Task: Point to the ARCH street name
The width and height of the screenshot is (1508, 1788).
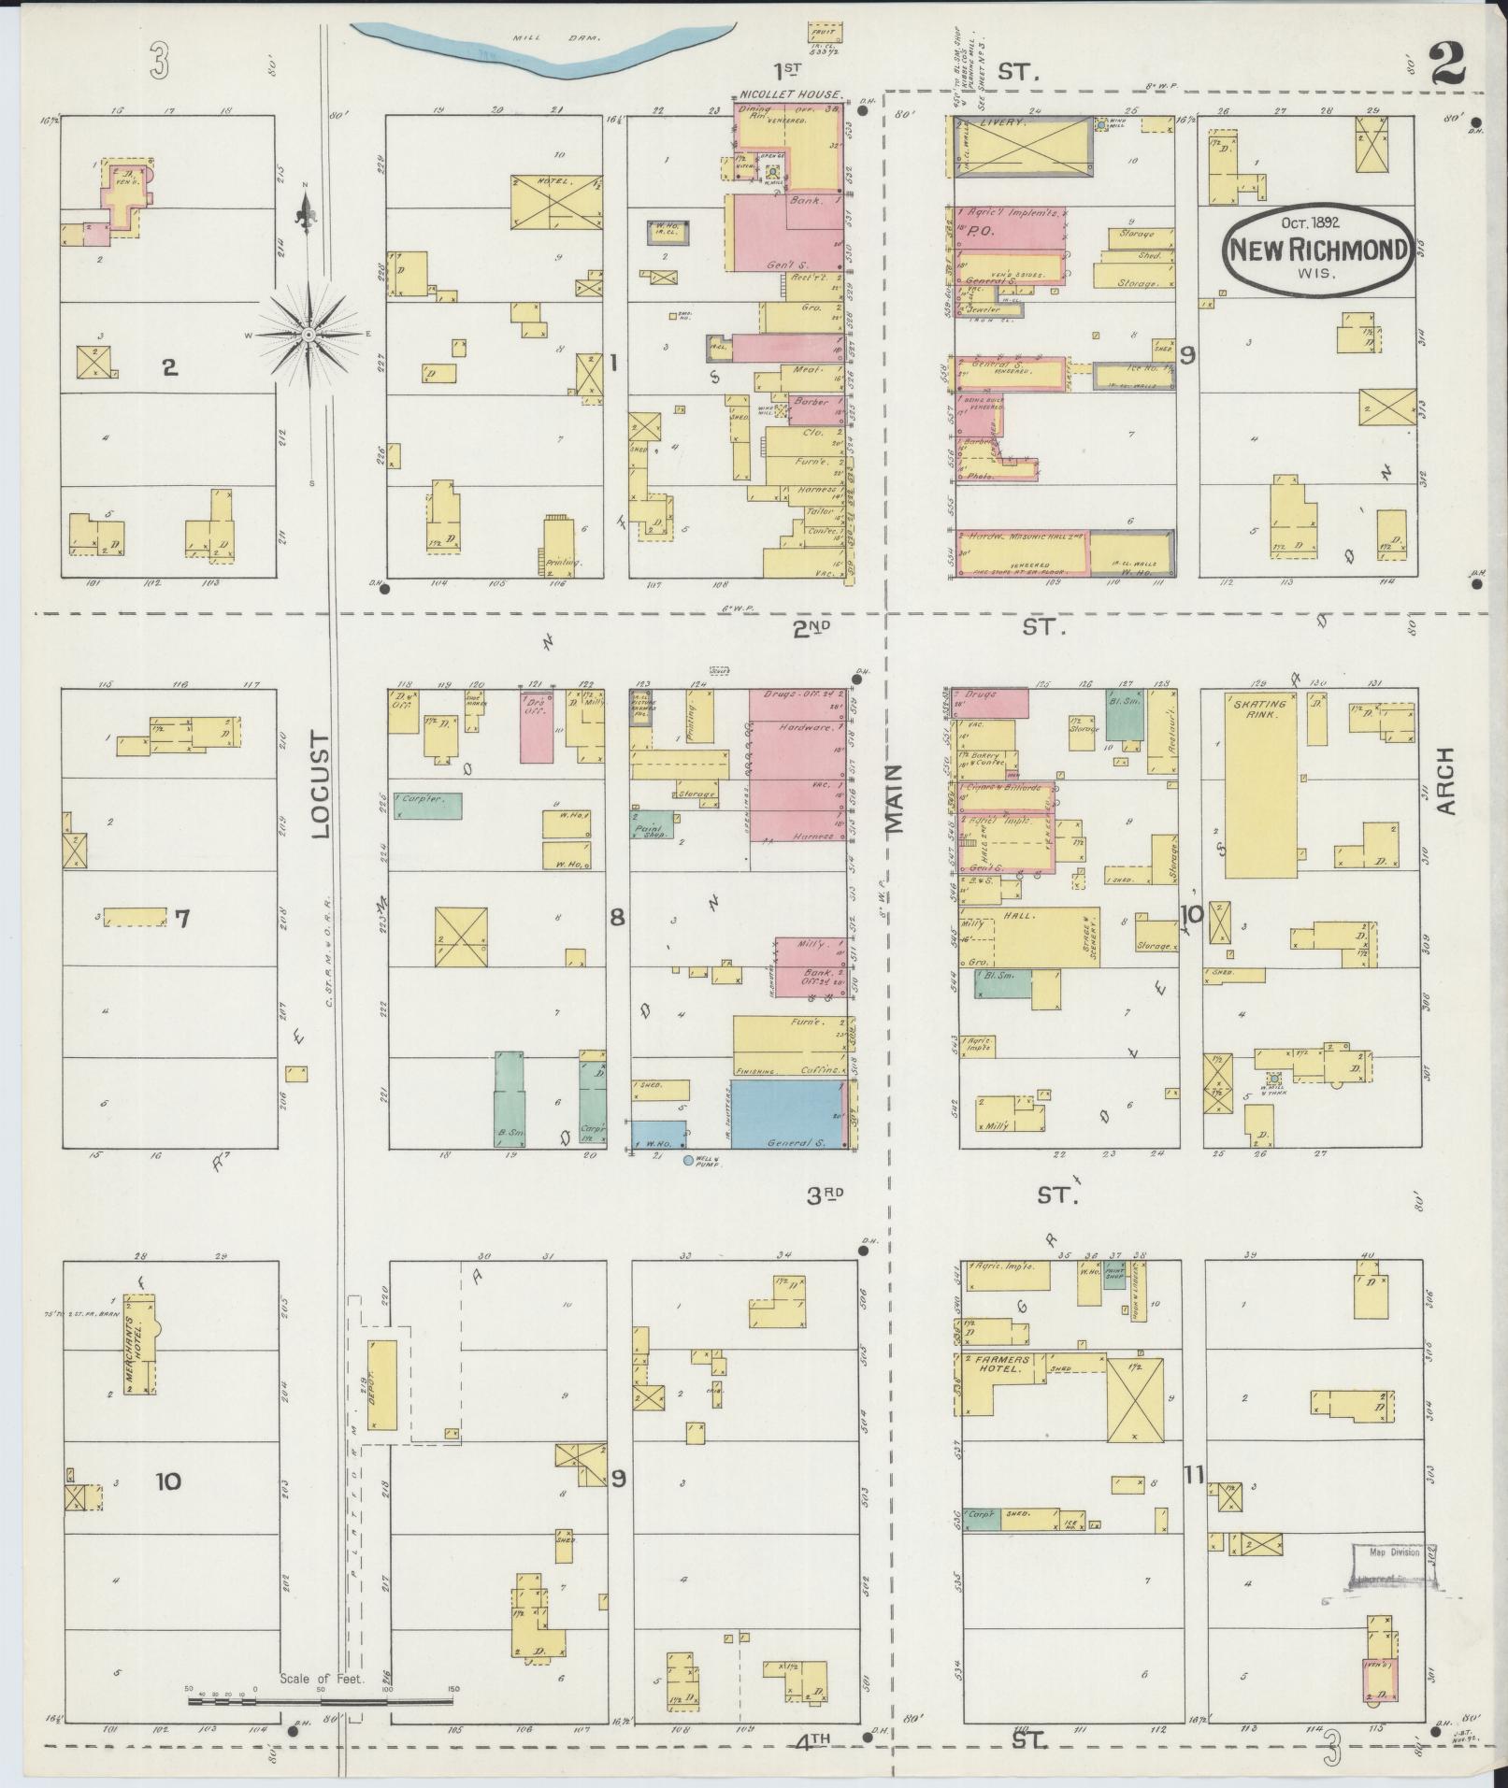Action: (1446, 780)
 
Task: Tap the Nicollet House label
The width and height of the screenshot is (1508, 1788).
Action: (791, 95)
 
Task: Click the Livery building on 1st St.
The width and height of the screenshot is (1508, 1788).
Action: (1023, 146)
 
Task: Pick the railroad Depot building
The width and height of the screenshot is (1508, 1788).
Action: (381, 1397)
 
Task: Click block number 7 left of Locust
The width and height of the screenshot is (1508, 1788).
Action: (182, 918)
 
